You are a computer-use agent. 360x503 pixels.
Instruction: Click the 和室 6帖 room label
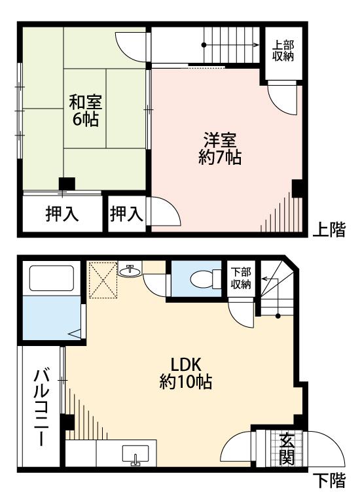86,110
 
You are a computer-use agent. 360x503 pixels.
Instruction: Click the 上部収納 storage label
283,50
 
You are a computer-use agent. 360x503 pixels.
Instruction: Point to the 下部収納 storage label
241,279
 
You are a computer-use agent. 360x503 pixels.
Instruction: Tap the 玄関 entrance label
287,449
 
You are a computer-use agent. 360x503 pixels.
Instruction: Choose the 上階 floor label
329,230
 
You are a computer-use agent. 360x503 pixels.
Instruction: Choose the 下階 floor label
329,480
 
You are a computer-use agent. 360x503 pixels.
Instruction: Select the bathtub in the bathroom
52,278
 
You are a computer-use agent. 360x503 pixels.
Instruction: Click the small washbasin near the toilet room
130,269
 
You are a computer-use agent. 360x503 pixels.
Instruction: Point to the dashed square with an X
103,280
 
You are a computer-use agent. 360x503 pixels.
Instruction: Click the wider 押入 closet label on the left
62,214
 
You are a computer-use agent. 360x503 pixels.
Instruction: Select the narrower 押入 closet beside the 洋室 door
126,214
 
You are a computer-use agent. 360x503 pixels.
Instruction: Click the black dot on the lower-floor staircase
278,316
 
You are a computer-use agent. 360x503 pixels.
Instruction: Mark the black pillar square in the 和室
67,184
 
